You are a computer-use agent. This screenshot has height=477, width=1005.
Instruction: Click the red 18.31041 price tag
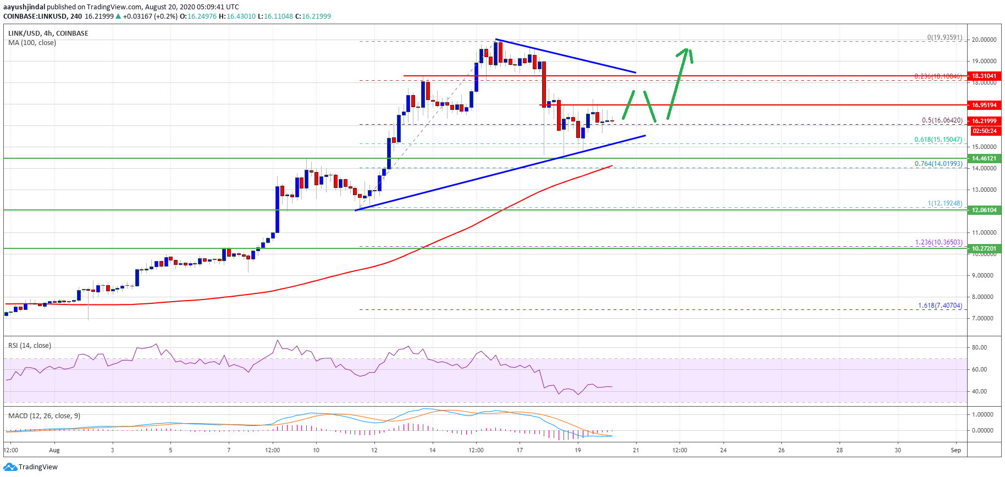pyautogui.click(x=984, y=76)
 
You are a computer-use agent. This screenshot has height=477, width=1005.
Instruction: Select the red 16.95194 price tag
pyautogui.click(x=984, y=105)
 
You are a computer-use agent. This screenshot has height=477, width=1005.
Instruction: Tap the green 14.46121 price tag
pyautogui.click(x=984, y=158)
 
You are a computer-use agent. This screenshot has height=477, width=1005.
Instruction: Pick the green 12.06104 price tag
pyautogui.click(x=984, y=210)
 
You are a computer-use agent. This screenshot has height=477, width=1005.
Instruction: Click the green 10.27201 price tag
pyautogui.click(x=984, y=248)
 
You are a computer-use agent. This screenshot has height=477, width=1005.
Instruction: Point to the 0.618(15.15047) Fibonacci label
pyautogui.click(x=938, y=140)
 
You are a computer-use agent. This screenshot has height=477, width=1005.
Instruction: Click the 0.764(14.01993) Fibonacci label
pyautogui.click(x=938, y=164)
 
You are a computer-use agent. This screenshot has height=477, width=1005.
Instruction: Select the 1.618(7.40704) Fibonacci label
pyautogui.click(x=940, y=306)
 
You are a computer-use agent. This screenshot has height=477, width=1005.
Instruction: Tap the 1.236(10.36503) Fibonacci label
pyautogui.click(x=938, y=242)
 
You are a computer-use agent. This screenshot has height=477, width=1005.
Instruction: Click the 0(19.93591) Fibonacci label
pyautogui.click(x=945, y=37)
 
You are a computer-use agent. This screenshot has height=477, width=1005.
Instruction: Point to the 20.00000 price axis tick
pyautogui.click(x=984, y=40)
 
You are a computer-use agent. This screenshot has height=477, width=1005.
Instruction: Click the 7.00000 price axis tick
pyautogui.click(x=984, y=318)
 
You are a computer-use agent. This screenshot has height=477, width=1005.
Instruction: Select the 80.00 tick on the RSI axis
pyautogui.click(x=979, y=347)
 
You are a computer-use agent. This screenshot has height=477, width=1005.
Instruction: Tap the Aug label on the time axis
pyautogui.click(x=54, y=450)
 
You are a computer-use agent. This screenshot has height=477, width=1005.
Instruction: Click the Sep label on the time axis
pyautogui.click(x=956, y=450)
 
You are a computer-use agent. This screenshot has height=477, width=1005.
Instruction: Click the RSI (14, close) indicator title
pyautogui.click(x=30, y=346)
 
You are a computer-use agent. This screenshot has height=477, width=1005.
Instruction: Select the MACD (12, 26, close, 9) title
pyautogui.click(x=44, y=416)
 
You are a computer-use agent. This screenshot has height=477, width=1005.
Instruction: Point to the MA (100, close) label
pyautogui.click(x=32, y=43)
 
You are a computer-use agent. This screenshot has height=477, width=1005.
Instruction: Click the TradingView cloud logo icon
pyautogui.click(x=10, y=467)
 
